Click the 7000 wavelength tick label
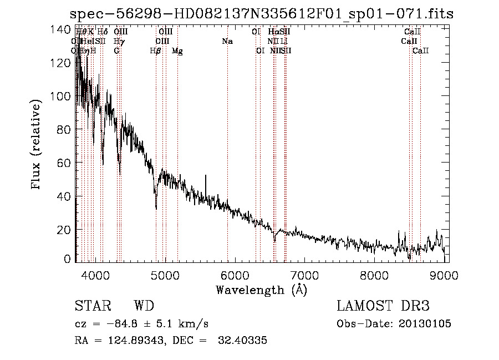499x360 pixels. pos(304,276)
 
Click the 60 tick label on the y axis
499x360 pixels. pos(65,163)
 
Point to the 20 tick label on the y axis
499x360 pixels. pos(65,230)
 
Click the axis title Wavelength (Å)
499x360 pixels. pos(261,290)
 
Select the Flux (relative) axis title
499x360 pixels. pos(37,145)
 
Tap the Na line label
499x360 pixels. pos(227,42)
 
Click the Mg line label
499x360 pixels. pos(177,51)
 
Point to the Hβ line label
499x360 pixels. pos(156,51)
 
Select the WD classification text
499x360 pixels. pos(144,306)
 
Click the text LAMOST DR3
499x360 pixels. pos(383,306)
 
